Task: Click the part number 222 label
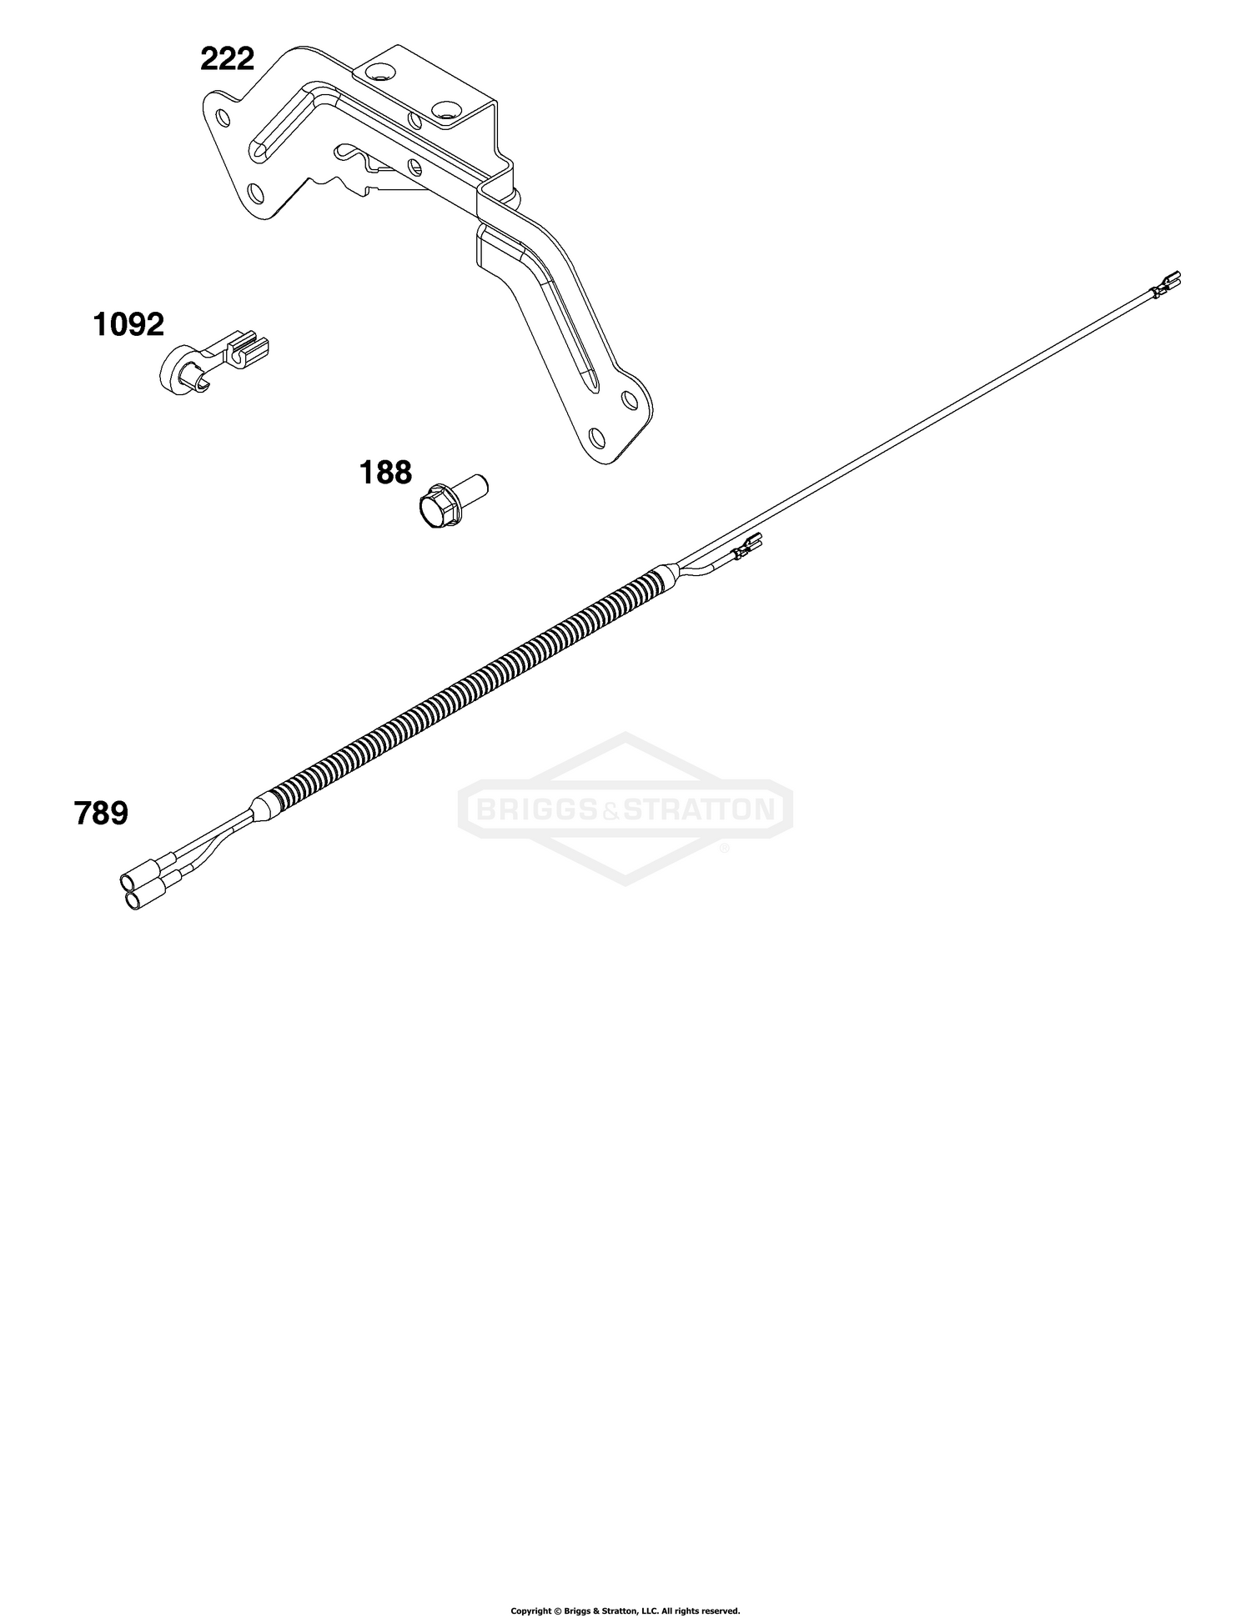coord(227,59)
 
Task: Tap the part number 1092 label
coord(128,324)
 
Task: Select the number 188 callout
coord(385,473)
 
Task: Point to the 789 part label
coord(102,813)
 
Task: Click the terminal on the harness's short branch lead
coord(747,547)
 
